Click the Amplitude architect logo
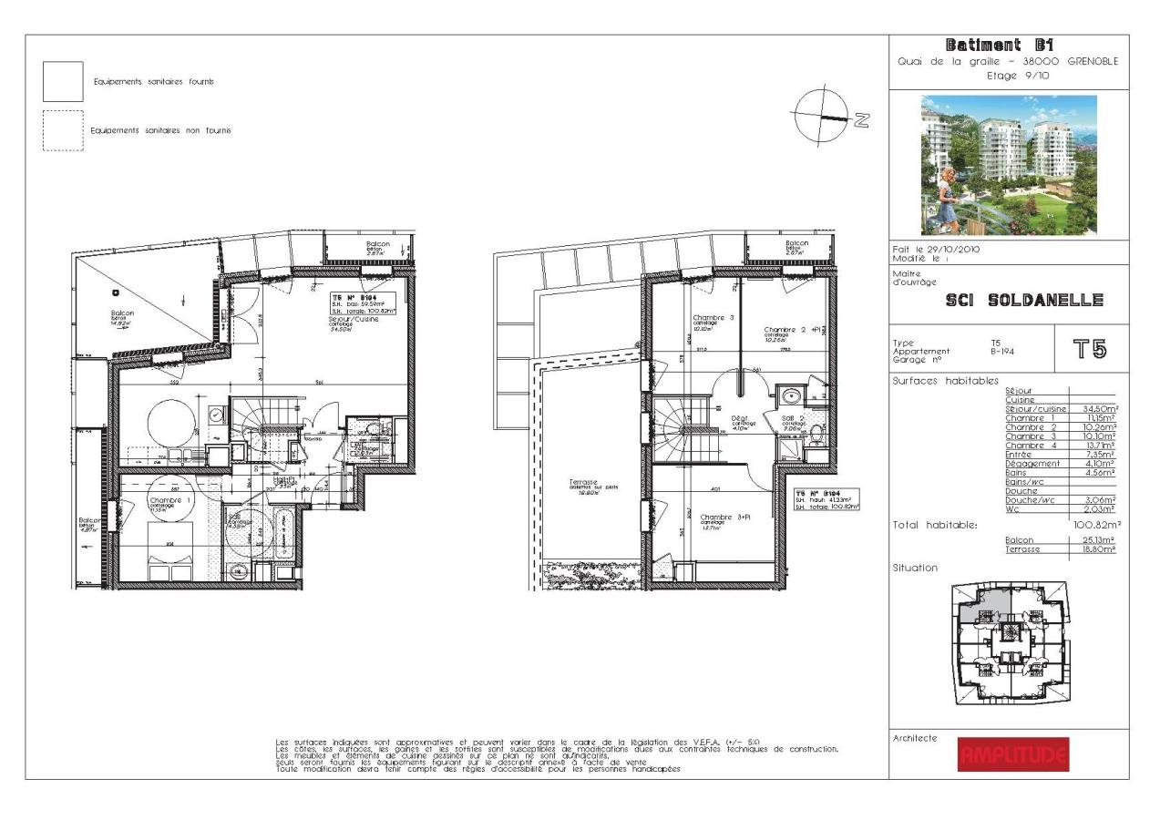[1012, 754]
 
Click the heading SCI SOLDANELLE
[1013, 300]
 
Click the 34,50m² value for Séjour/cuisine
[1100, 409]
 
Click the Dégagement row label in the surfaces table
[1032, 464]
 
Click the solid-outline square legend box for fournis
[63, 82]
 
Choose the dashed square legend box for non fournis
[63, 130]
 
